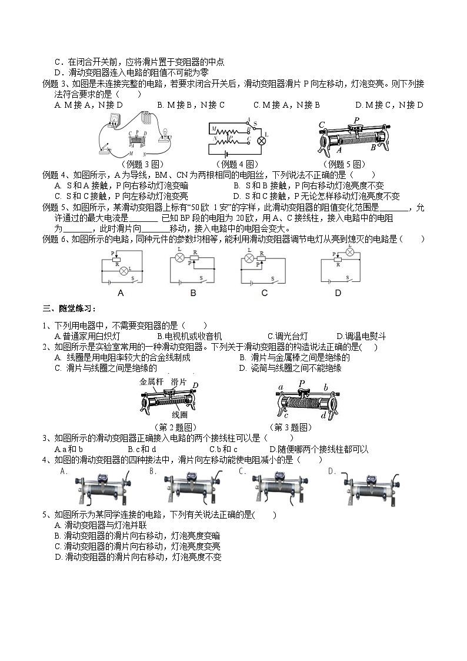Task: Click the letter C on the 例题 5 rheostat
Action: [x=322, y=125]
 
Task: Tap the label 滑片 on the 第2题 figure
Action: [x=179, y=382]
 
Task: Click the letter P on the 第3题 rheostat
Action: [x=302, y=384]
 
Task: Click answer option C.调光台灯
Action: [x=288, y=336]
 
